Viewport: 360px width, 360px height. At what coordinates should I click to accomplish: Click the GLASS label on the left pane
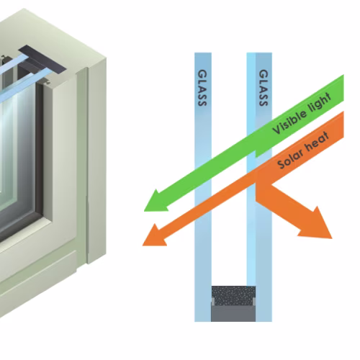point(202,88)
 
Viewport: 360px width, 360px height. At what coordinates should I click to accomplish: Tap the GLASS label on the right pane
point(264,88)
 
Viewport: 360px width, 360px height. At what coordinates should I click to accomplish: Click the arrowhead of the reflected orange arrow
point(316,224)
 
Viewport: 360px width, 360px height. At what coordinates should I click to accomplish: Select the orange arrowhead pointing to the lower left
point(154,236)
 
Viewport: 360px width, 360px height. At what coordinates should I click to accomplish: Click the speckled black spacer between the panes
point(233,295)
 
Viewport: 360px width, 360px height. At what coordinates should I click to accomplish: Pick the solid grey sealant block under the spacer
point(233,313)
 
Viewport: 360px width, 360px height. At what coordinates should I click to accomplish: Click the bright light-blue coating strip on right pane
point(251,168)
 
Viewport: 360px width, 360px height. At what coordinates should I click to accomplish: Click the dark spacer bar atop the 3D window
point(42,59)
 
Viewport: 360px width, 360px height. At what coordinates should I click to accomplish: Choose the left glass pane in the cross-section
point(203,187)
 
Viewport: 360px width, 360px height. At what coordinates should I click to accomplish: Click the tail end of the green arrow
point(343,88)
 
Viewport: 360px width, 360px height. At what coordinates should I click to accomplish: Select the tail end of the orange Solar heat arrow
point(343,125)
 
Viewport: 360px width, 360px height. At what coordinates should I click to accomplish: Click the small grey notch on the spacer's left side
point(212,302)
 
